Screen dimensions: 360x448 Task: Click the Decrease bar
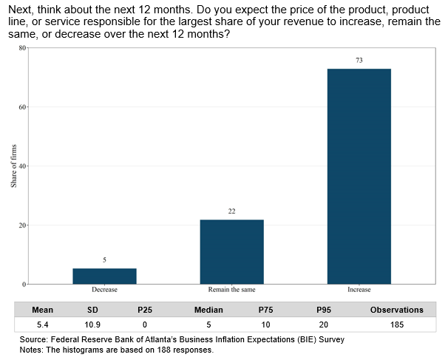tap(104, 276)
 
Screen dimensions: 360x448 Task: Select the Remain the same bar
tap(231, 251)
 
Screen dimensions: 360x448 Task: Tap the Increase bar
tap(359, 176)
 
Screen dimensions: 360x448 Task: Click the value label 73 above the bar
tap(359, 60)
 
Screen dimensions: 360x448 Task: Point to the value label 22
tap(231, 211)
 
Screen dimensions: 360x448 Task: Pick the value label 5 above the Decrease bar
tap(104, 260)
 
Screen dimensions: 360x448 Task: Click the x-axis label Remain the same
tap(231, 290)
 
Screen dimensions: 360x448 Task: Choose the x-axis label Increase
tap(359, 290)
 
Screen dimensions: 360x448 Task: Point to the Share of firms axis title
tap(13, 166)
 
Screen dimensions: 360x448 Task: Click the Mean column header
tap(43, 310)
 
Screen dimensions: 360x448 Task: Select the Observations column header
tap(396, 310)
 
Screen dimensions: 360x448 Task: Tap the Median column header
tap(208, 310)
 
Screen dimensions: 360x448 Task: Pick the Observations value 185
tap(396, 325)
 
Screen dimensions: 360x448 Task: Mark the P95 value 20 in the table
tap(323, 325)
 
